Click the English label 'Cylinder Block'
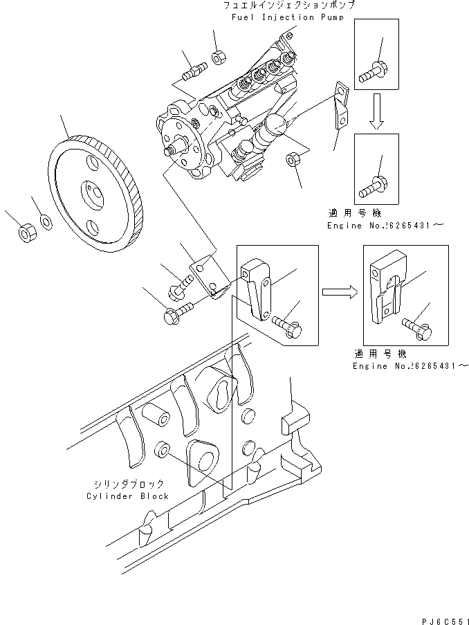[x=127, y=496]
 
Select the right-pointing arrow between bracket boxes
[x=340, y=293]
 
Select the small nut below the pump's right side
[x=292, y=160]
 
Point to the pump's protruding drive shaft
[x=172, y=147]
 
